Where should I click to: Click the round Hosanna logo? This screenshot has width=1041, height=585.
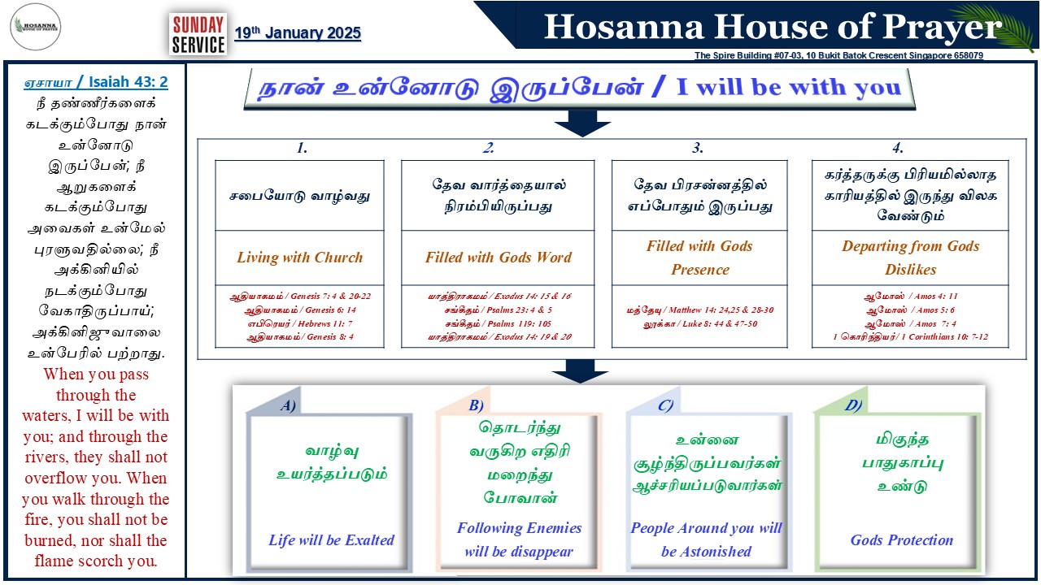(x=35, y=27)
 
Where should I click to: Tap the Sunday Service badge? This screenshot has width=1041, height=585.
(x=198, y=34)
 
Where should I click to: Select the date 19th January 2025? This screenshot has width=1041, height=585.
(x=298, y=33)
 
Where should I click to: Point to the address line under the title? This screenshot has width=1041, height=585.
(x=838, y=55)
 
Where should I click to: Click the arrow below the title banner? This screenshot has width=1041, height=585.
(x=581, y=123)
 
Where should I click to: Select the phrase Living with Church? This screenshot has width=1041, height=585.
(x=300, y=258)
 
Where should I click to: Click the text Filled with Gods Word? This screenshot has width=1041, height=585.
(x=499, y=258)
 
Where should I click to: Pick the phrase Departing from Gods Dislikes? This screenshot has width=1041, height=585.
(x=910, y=258)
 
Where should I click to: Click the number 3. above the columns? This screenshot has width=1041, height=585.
(x=698, y=148)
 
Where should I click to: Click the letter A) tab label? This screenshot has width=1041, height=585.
(x=288, y=405)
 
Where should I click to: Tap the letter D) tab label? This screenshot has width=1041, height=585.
(x=853, y=405)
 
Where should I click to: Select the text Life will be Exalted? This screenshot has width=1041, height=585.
(x=331, y=540)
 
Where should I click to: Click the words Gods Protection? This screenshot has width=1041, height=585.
(x=902, y=540)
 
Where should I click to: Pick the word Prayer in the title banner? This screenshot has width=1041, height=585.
(x=942, y=28)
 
